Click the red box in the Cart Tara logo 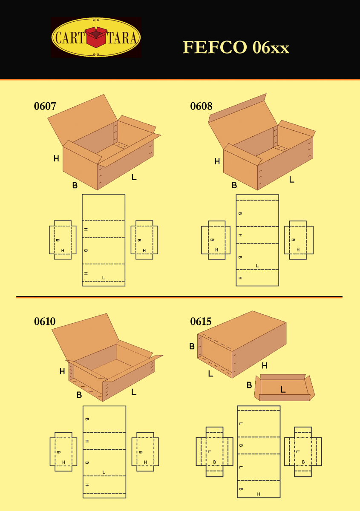coord(96,37)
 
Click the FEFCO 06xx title coord(236,47)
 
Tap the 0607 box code coord(45,106)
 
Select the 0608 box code coord(201,106)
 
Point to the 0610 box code coord(45,322)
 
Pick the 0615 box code coord(201,322)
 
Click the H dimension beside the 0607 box coord(56,158)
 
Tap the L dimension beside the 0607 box coord(134,177)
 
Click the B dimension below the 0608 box coord(234,185)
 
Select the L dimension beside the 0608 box coord(292,180)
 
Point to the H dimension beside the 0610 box coord(62,371)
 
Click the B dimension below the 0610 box coord(79,395)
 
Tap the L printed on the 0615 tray coord(283,389)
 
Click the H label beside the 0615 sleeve coord(264,366)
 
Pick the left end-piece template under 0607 coord(63,240)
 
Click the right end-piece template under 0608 coord(299,240)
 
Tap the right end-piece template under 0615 coord(303,452)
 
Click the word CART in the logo coord(69,37)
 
